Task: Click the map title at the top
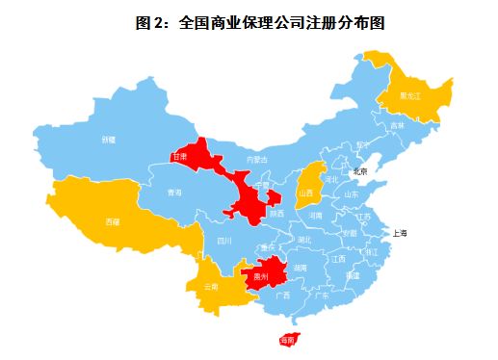click(253, 20)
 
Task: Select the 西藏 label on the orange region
click(112, 221)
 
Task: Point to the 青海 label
click(173, 193)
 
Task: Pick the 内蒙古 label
click(257, 159)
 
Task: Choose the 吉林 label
click(398, 125)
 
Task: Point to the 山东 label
click(351, 194)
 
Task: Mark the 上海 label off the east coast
click(399, 233)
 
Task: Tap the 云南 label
click(212, 287)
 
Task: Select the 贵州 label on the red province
click(257, 277)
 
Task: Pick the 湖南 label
click(301, 267)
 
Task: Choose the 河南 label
click(315, 217)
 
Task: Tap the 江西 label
click(338, 259)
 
